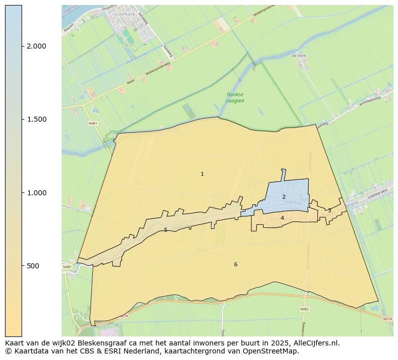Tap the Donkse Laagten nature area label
coord(235,97)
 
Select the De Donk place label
coord(299,56)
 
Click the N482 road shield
coord(304,309)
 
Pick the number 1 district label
coord(202,174)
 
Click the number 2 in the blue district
coord(284,197)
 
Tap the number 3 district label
coord(329,210)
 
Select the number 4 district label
coord(282,218)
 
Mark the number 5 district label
coord(165,230)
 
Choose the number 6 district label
coord(236,264)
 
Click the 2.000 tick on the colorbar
coord(36,46)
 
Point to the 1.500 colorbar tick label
coord(36,119)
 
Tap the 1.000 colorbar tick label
coord(36,193)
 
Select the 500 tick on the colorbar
coord(33,266)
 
